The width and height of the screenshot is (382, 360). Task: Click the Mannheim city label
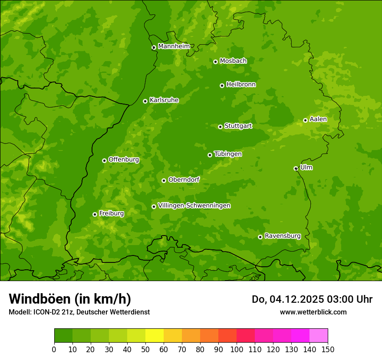pos(174,46)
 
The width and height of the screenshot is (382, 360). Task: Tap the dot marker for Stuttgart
pos(220,127)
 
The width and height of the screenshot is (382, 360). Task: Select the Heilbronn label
pos(241,84)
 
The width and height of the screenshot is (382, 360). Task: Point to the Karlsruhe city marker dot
pos(145,101)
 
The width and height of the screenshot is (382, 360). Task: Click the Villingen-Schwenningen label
pos(194,205)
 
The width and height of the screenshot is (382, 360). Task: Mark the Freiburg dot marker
pos(95,214)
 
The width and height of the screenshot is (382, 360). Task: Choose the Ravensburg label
pos(283,236)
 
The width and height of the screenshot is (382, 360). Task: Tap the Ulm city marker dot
pos(296,168)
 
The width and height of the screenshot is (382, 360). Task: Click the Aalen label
pos(318,119)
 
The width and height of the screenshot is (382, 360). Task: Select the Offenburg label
pos(124,159)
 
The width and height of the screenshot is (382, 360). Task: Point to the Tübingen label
pos(228,154)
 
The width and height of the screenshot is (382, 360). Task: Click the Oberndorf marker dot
pos(164,180)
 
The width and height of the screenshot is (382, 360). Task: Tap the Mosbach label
pos(233,61)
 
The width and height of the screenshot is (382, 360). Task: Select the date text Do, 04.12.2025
pos(286,299)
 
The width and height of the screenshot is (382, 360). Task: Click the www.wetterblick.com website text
pos(313,312)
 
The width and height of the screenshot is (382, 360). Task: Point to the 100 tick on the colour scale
pos(237,349)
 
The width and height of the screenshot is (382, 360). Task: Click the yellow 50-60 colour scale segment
pos(155,336)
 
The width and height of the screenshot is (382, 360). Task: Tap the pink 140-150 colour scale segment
pos(319,336)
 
